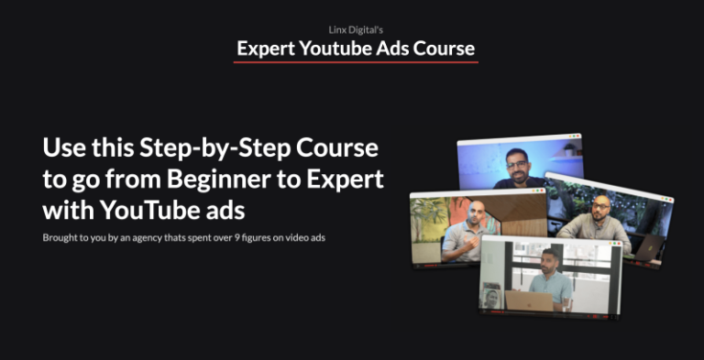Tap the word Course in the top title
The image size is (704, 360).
tap(444, 48)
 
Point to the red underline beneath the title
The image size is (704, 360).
tap(356, 62)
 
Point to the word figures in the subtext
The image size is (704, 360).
tap(277, 238)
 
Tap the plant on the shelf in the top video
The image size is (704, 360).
tap(570, 147)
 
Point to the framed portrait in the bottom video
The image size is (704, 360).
tap(491, 297)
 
